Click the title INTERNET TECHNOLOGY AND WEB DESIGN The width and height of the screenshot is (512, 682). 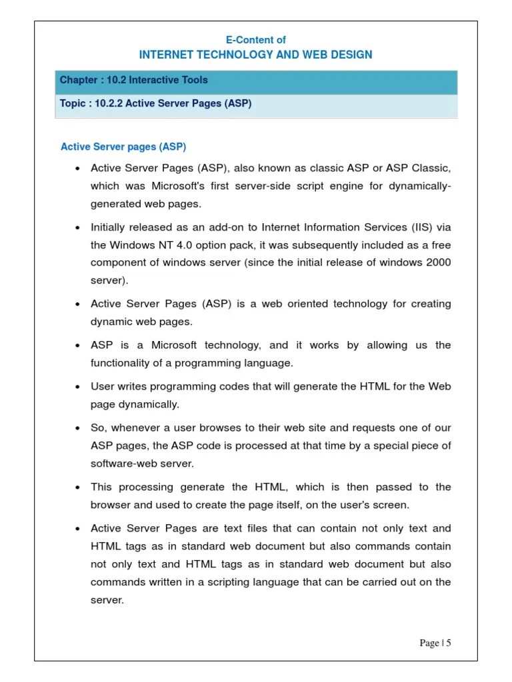pyautogui.click(x=255, y=55)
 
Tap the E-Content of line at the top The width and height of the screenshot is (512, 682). pyautogui.click(x=255, y=40)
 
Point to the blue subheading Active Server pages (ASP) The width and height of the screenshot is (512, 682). pyautogui.click(x=123, y=147)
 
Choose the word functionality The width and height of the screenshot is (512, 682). pyautogui.click(x=121, y=363)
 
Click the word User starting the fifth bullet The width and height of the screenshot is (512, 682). pyautogui.click(x=103, y=386)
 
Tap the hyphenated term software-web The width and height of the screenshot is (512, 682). pyautogui.click(x=124, y=463)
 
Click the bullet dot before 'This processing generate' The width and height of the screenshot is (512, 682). pyautogui.click(x=78, y=488)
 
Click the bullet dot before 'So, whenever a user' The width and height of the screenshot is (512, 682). pyautogui.click(x=78, y=428)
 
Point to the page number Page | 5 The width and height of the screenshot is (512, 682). pyautogui.click(x=435, y=643)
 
